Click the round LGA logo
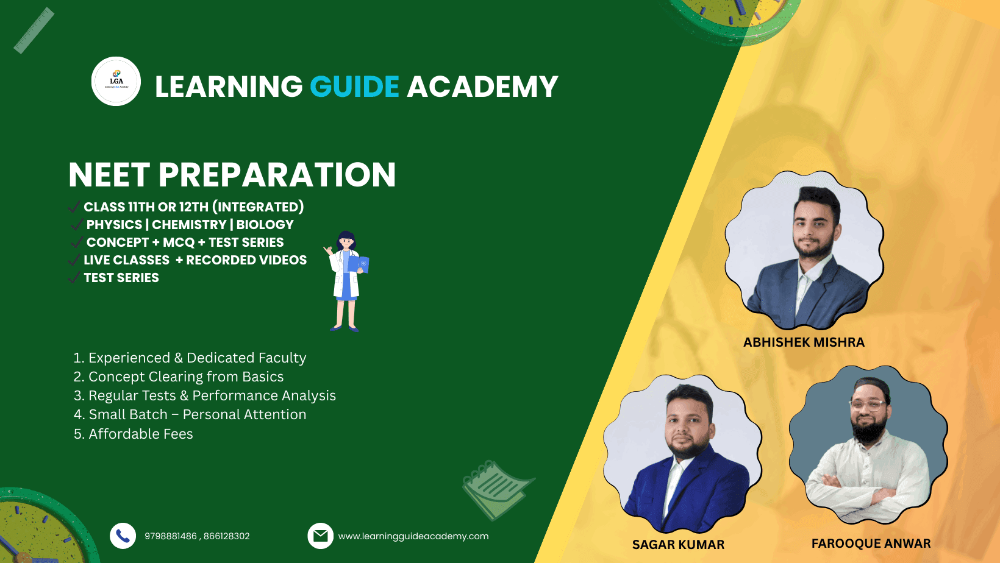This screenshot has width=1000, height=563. pos(116,81)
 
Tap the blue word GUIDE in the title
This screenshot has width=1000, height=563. pos(354,86)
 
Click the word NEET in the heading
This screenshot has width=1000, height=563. pos(109,174)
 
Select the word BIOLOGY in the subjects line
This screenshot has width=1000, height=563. pos(265,224)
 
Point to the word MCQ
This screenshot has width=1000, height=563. pos(179,243)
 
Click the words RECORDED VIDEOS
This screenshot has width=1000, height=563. pos(246,260)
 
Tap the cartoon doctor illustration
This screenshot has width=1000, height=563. pos(346,281)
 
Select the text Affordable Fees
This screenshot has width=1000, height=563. pos(141,434)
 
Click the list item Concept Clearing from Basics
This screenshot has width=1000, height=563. pos(186,377)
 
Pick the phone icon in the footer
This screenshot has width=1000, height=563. pos(123,536)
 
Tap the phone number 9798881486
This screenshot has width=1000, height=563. pos(171,536)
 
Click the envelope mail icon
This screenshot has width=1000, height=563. pos(320,536)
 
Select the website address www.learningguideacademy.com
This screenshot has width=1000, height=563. pos(413,536)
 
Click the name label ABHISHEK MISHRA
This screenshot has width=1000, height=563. pos(804,342)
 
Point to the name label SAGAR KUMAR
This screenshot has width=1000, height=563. pos(678,544)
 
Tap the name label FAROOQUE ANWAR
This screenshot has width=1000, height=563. pos(871,544)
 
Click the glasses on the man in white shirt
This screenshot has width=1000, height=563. pos(868,405)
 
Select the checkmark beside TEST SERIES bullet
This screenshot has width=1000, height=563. pos(74,277)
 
